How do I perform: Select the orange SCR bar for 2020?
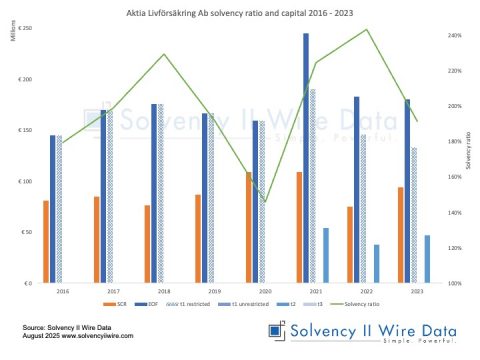point(248,227)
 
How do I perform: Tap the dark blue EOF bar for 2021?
point(305,158)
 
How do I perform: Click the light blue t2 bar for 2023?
point(427,259)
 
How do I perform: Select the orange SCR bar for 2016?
point(46,241)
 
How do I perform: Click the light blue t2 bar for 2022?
point(376,263)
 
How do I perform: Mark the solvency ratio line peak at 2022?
point(366,30)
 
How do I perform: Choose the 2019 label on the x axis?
point(214,291)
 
